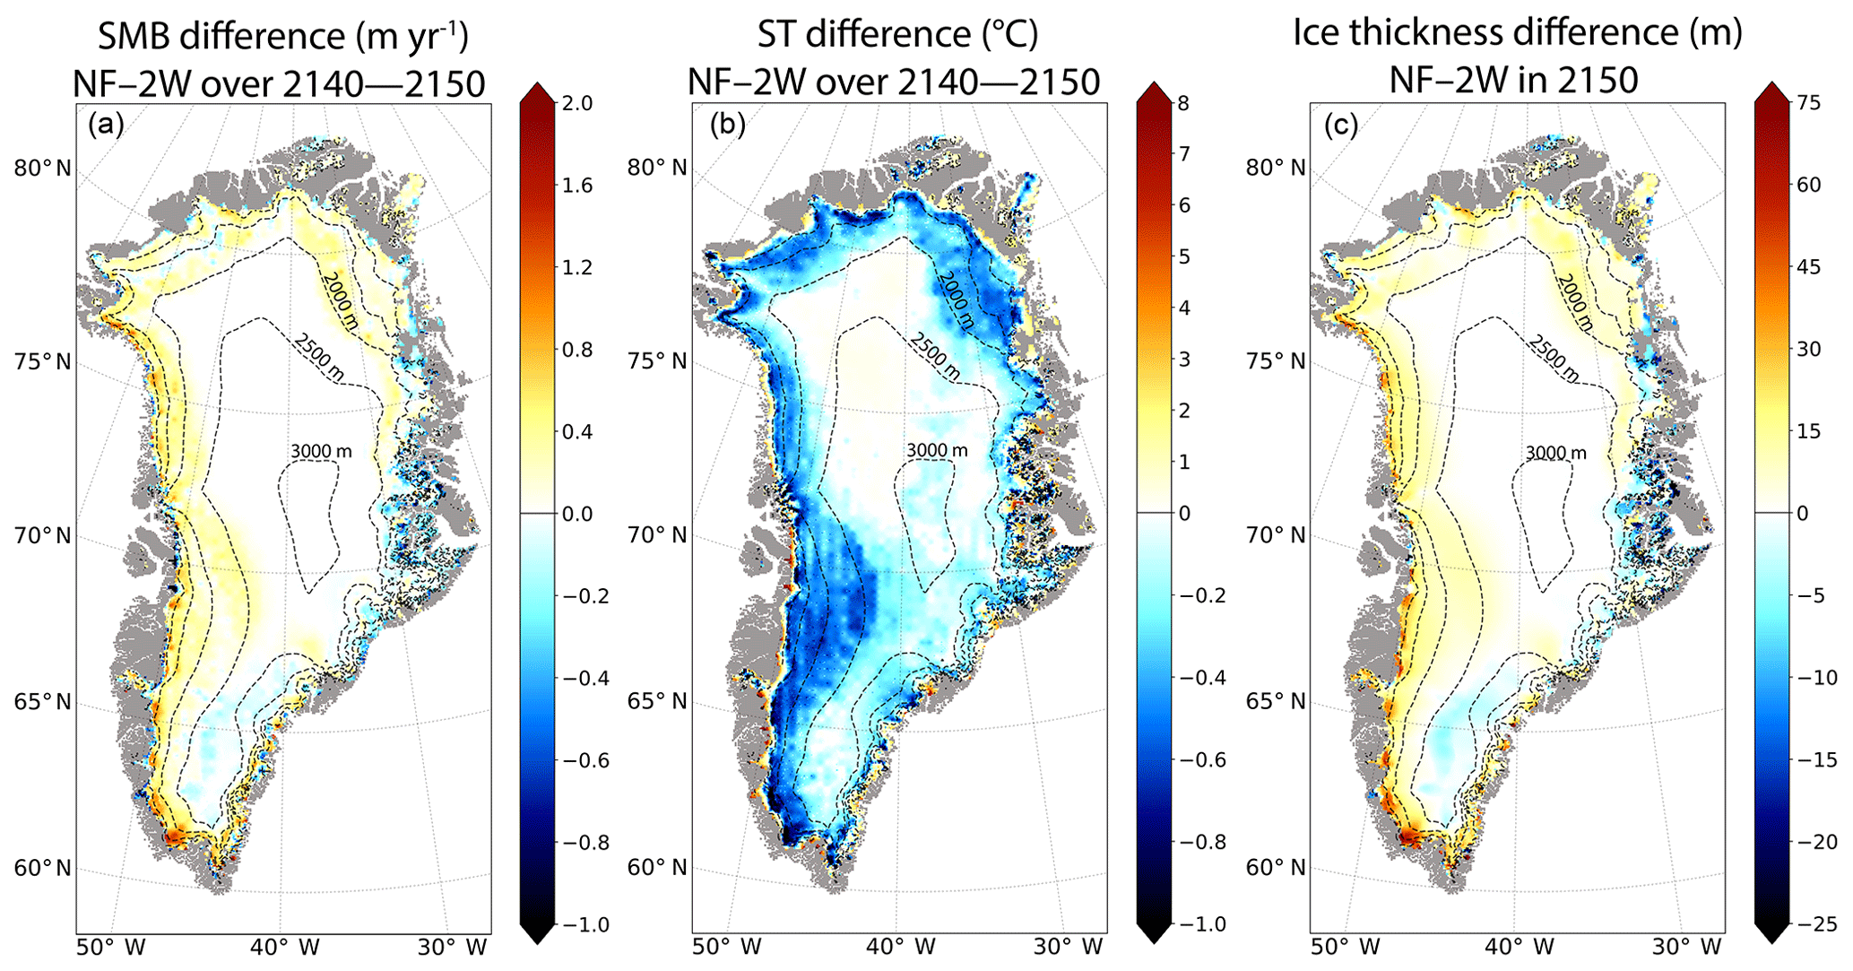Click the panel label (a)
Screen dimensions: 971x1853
[106, 126]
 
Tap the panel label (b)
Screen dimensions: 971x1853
[726, 126]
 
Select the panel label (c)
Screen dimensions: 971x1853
[1341, 126]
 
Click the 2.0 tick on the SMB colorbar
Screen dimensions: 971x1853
[576, 104]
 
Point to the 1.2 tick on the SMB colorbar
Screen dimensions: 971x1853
[576, 268]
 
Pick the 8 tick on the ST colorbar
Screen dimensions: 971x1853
[1183, 104]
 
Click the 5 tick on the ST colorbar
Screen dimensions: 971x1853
[1183, 257]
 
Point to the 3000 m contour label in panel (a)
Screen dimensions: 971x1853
[321, 451]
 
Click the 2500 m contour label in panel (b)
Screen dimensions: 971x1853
[934, 356]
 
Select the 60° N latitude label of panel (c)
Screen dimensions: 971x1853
[1276, 868]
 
